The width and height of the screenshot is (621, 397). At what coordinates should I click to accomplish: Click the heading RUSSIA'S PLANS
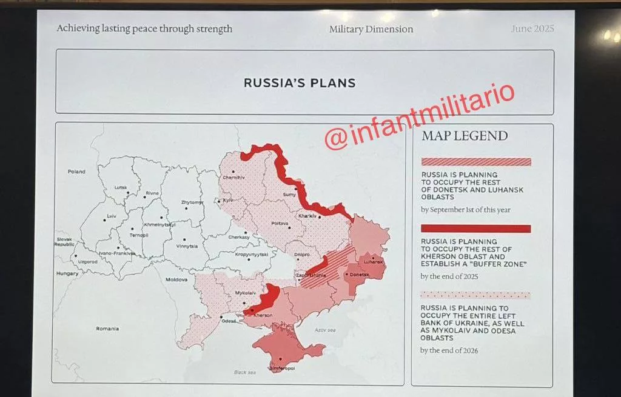click(x=299, y=83)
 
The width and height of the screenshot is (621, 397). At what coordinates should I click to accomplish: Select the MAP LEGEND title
click(x=465, y=136)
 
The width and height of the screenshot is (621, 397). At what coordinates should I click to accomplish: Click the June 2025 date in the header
click(x=532, y=28)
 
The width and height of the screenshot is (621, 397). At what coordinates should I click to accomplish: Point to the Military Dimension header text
click(x=371, y=29)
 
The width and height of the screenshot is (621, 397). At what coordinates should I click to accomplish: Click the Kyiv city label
click(x=228, y=200)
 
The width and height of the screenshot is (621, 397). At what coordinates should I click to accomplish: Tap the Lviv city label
click(x=111, y=216)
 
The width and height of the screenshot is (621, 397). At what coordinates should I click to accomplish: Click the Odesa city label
click(x=229, y=321)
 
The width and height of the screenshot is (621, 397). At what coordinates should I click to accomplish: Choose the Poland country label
click(x=76, y=172)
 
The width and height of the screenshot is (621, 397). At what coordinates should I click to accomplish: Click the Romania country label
click(x=107, y=329)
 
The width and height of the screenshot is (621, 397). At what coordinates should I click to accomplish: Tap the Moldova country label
click(x=176, y=279)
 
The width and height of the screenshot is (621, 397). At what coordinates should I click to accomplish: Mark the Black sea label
click(x=244, y=372)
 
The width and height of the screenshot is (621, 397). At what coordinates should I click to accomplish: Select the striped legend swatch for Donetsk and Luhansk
click(x=475, y=162)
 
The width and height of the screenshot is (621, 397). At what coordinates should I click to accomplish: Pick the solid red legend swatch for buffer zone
click(x=475, y=229)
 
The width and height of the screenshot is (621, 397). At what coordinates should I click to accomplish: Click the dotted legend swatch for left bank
click(x=475, y=295)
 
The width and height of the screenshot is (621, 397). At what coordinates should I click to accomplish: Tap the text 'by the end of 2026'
click(x=449, y=350)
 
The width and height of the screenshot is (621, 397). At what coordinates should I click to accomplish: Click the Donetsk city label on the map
click(x=357, y=274)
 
